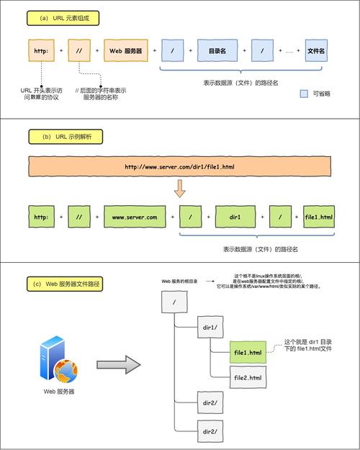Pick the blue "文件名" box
point(315,51)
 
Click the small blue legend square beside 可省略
point(303,94)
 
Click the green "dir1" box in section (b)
point(235,217)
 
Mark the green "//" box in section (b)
point(78,217)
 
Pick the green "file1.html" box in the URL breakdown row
point(319,217)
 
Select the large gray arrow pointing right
point(117,363)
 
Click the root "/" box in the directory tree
point(174,302)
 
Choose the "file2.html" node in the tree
point(247,377)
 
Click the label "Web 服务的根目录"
point(181,282)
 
